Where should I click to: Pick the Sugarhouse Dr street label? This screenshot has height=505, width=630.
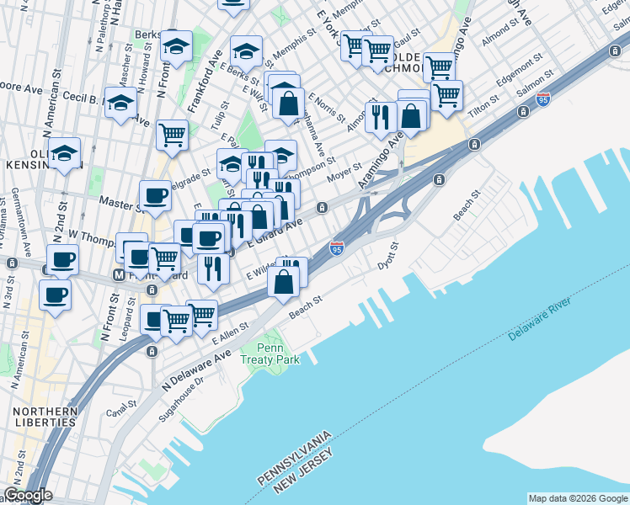point(182,399)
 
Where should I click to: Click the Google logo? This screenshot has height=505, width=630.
point(27,495)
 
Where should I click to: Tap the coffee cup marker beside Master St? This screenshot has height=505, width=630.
point(155,196)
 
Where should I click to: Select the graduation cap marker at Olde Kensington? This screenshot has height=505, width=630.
point(64,154)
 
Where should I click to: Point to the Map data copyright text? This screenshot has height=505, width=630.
point(578,498)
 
